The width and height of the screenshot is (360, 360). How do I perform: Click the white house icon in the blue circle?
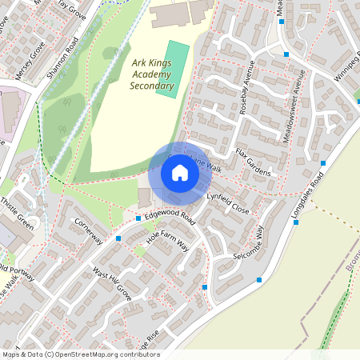[180, 173]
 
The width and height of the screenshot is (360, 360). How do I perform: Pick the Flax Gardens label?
[253, 162]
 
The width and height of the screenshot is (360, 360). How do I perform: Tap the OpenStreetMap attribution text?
[80, 354]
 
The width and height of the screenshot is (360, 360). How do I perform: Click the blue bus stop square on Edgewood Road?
[138, 218]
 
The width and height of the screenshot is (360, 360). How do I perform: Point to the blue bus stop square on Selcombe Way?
[259, 280]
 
